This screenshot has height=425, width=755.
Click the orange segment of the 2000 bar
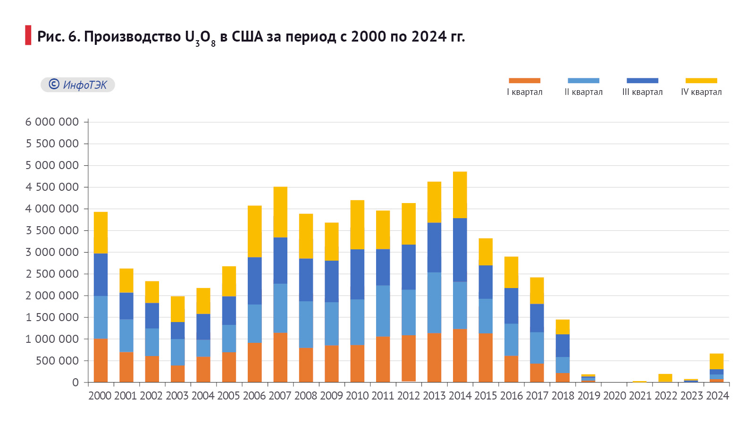click(x=101, y=360)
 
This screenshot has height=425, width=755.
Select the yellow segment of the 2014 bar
click(x=460, y=195)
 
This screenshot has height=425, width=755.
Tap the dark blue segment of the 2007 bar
click(x=280, y=260)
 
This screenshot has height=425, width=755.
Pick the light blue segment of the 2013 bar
click(x=434, y=303)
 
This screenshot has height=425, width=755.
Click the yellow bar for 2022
click(x=665, y=378)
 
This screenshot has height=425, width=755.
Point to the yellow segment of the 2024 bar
click(x=716, y=361)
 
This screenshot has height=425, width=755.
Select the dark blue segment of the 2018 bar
click(x=562, y=346)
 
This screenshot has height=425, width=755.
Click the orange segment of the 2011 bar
click(x=383, y=359)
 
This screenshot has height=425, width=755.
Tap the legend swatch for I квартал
click(x=524, y=81)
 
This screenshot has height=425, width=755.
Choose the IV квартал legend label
click(x=701, y=92)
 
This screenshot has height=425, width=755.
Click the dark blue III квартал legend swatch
click(x=642, y=81)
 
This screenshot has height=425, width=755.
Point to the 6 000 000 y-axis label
click(x=52, y=122)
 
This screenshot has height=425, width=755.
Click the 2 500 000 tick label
click(x=52, y=274)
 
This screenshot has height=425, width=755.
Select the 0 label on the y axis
click(x=75, y=382)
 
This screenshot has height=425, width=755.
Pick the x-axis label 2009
click(x=331, y=396)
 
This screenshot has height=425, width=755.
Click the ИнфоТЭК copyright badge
click(x=78, y=85)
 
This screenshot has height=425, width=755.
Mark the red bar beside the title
click(x=28, y=35)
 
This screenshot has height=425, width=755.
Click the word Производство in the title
click(x=133, y=36)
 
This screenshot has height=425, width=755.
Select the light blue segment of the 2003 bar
click(x=177, y=352)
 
